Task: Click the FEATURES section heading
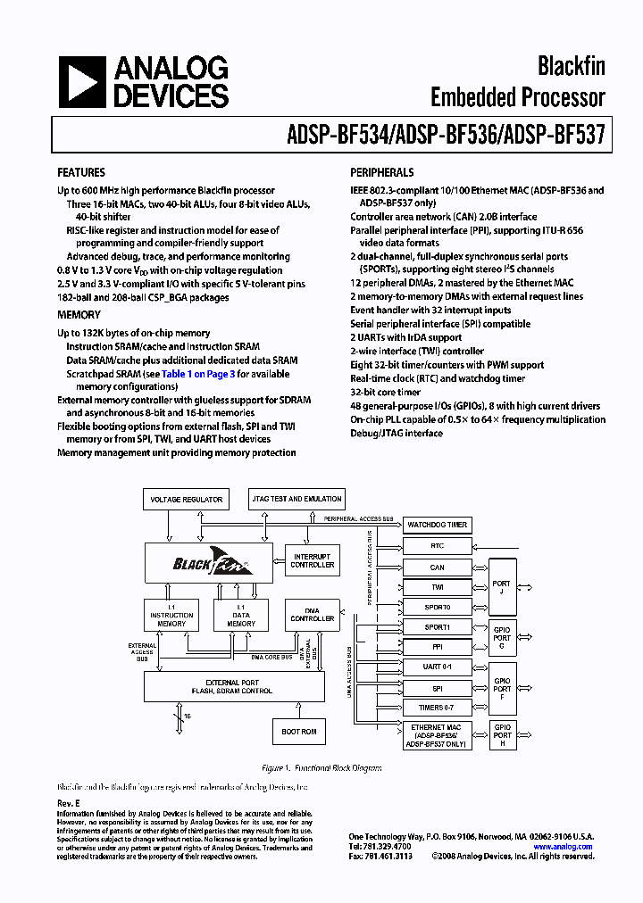tap(80, 172)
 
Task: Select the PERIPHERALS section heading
tap(381, 172)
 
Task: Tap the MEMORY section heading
tap(79, 315)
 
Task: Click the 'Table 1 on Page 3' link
tap(198, 374)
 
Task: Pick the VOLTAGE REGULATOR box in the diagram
tap(186, 500)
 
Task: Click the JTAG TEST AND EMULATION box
tap(296, 499)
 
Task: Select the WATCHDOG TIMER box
tap(437, 525)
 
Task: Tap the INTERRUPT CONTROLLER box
tap(313, 560)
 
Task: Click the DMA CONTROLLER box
tap(313, 615)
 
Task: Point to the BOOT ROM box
tap(299, 732)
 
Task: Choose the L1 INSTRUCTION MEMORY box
tap(171, 615)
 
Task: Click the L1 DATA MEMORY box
tap(240, 615)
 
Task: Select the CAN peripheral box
tap(437, 567)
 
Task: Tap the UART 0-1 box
tap(437, 667)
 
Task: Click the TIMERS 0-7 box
tap(437, 707)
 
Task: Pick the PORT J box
tap(502, 585)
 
